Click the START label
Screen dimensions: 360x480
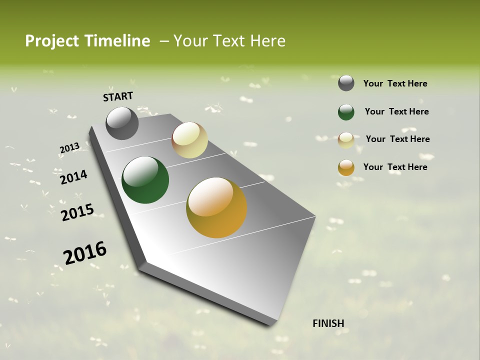118,96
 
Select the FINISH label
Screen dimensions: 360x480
328,323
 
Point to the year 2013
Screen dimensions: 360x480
69,148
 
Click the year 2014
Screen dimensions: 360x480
73,177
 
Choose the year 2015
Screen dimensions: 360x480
77,212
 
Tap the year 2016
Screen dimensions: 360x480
85,252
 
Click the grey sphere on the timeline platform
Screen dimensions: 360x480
122,123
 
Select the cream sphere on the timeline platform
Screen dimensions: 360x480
189,140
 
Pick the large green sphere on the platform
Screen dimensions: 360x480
145,180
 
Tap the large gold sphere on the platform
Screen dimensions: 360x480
216,207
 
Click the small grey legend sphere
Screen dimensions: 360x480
346,83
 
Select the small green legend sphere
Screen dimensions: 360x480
346,112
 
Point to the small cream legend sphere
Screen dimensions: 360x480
346,140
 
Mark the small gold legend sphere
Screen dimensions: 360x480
346,167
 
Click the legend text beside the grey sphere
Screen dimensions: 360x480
395,83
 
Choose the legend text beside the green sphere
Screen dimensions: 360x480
396,111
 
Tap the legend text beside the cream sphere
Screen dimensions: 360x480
397,139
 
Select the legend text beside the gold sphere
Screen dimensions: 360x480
395,167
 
